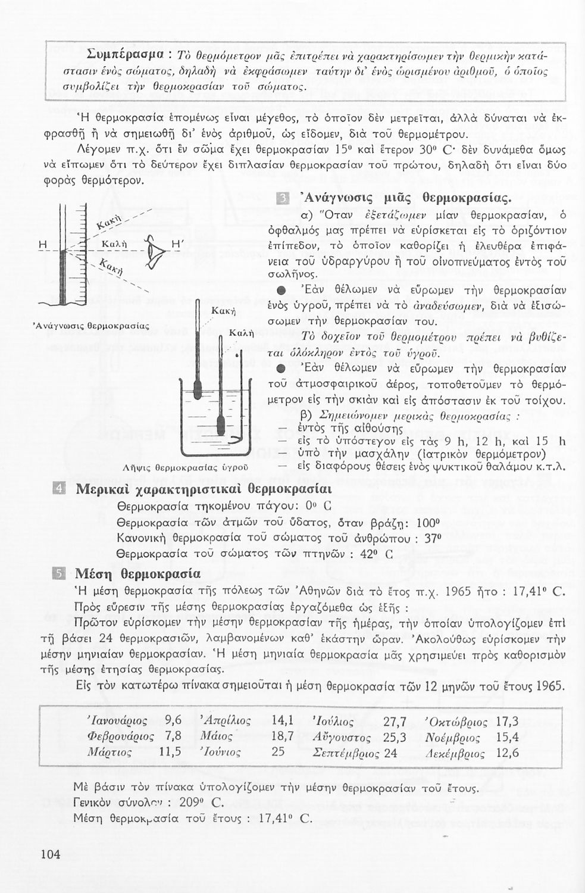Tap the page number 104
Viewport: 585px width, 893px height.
coord(51,854)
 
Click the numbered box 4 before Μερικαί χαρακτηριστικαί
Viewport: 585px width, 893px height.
coord(59,491)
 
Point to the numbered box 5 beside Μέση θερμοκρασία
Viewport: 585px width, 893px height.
coord(59,574)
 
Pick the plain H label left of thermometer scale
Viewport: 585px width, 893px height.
coord(42,244)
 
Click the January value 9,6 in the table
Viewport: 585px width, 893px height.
coord(173,722)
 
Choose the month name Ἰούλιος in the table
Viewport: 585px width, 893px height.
coord(333,722)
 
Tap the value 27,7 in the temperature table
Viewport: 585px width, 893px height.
coord(395,722)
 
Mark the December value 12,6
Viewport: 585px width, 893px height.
coord(507,753)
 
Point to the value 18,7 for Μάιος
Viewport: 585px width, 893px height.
coord(283,737)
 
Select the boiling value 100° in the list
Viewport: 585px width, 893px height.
coord(427,523)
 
